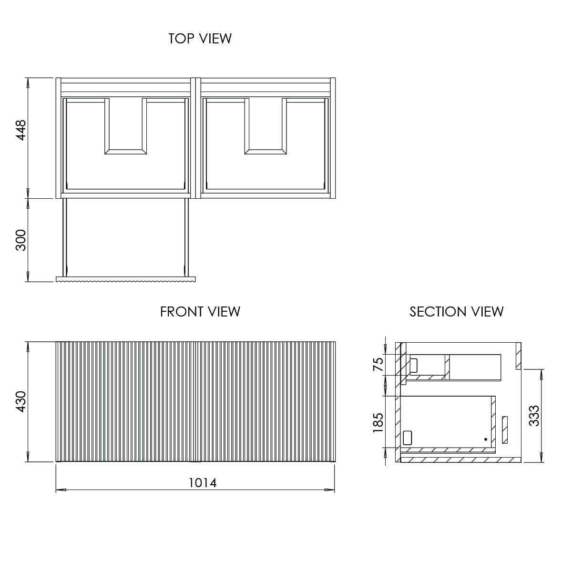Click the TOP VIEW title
click(x=200, y=39)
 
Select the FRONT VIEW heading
click(x=200, y=312)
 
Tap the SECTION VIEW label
click(x=456, y=312)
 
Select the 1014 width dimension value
click(x=203, y=483)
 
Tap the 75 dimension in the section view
click(x=378, y=365)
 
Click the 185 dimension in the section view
click(x=378, y=422)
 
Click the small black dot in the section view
click(x=485, y=439)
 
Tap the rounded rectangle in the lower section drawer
click(x=407, y=437)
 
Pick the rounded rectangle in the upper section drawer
click(x=414, y=365)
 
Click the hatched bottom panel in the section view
click(x=460, y=460)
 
